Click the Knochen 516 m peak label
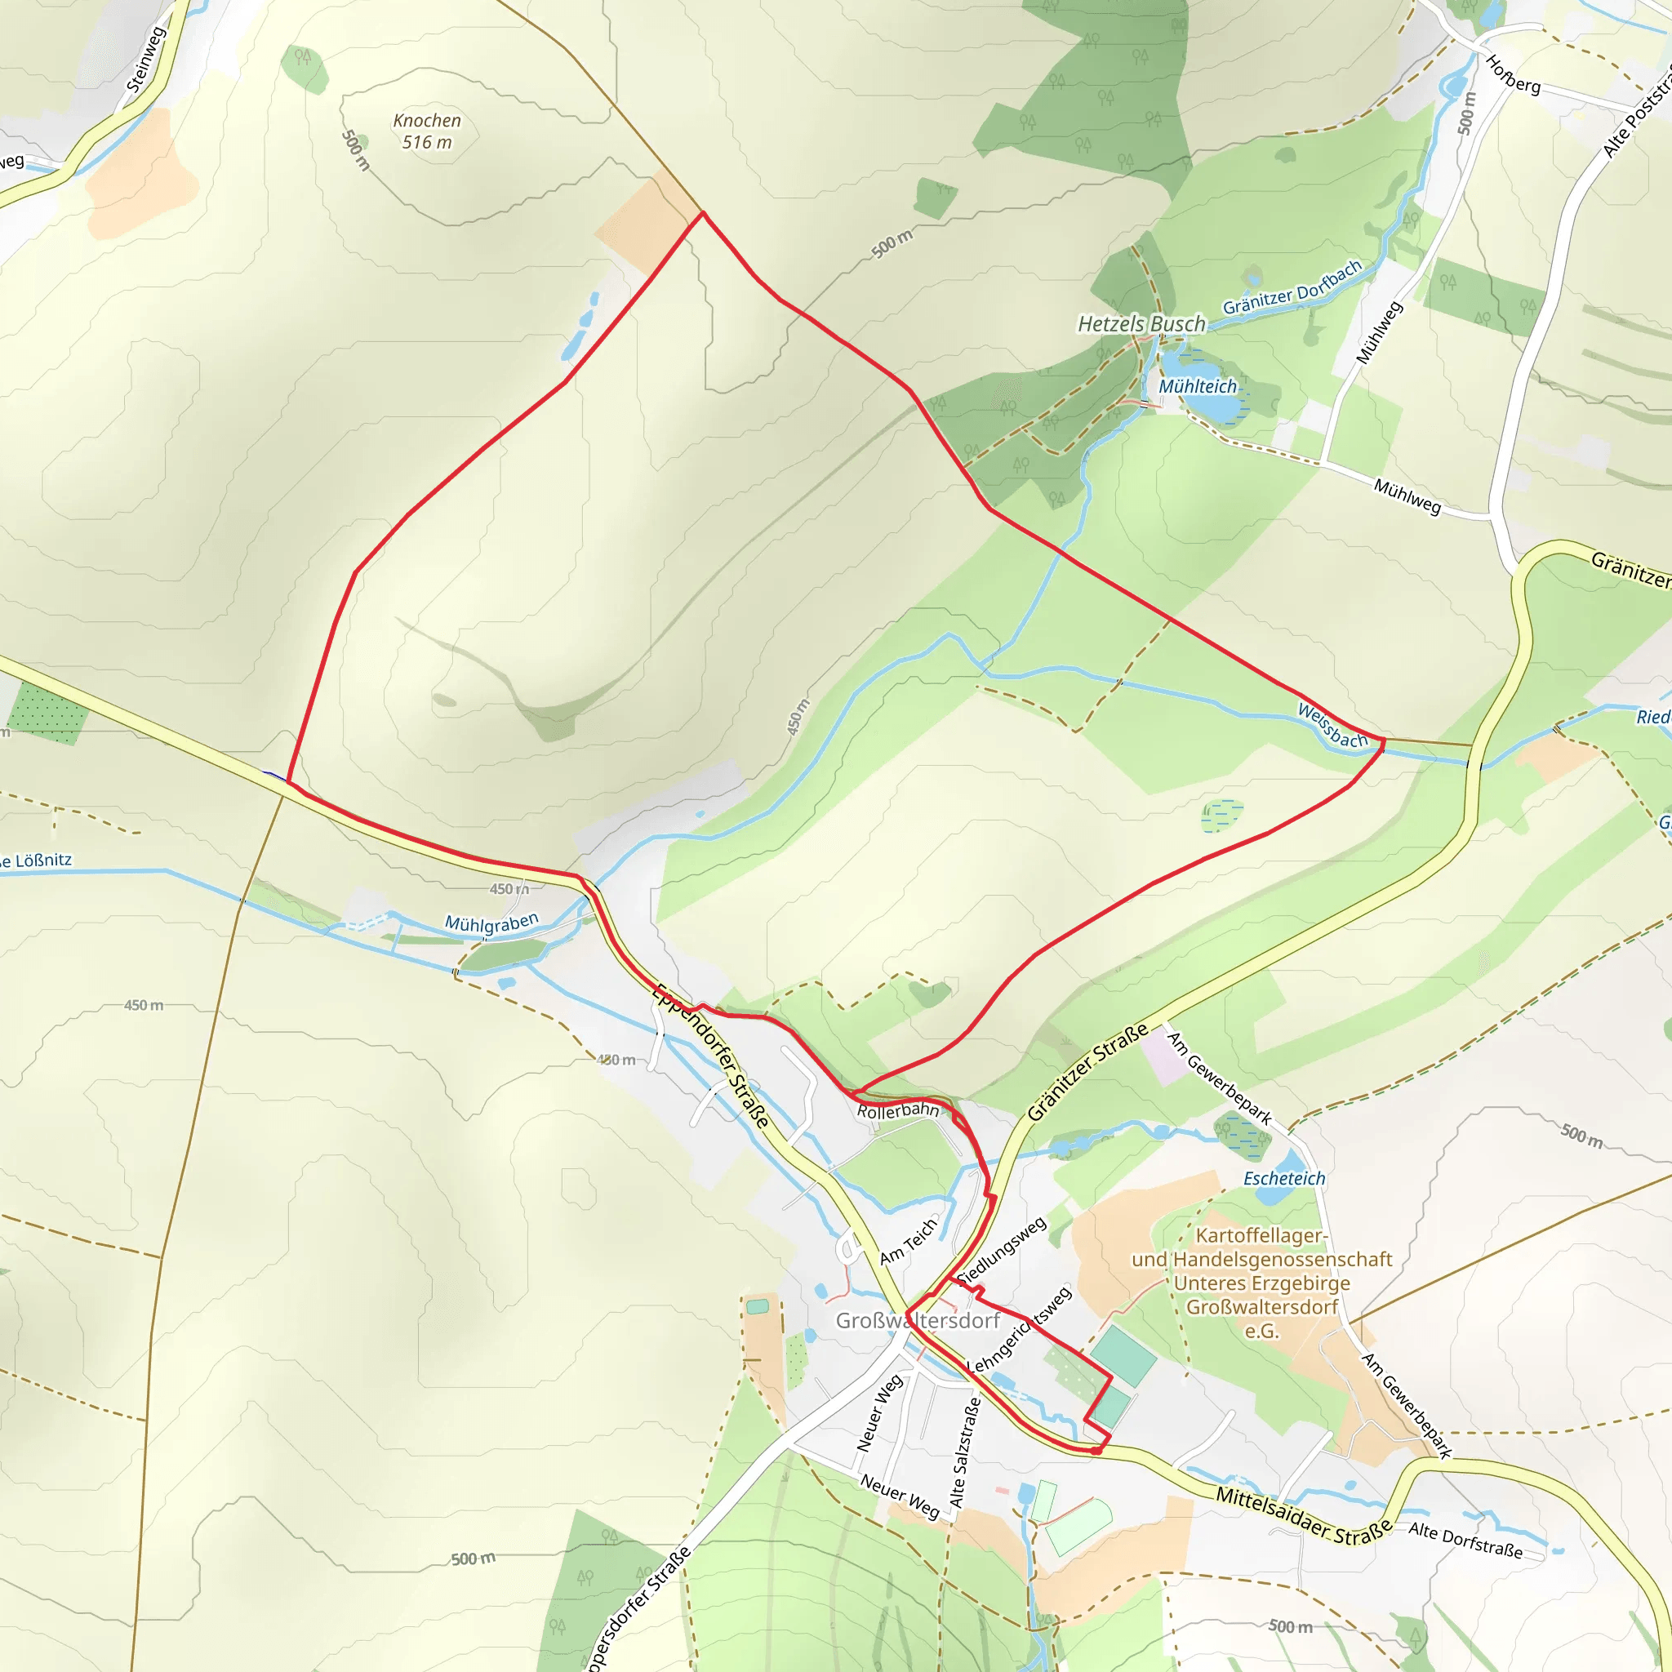point(427,131)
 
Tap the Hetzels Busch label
point(1141,323)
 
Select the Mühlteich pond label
point(1198,387)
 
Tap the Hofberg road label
point(1513,74)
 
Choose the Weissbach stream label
point(1332,725)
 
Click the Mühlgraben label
point(491,923)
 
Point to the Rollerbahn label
point(897,1110)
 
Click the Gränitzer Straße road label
point(1087,1071)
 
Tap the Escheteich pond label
point(1283,1179)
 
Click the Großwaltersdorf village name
point(918,1321)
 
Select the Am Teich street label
point(909,1242)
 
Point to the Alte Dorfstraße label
point(1465,1540)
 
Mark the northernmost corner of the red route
point(703,212)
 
